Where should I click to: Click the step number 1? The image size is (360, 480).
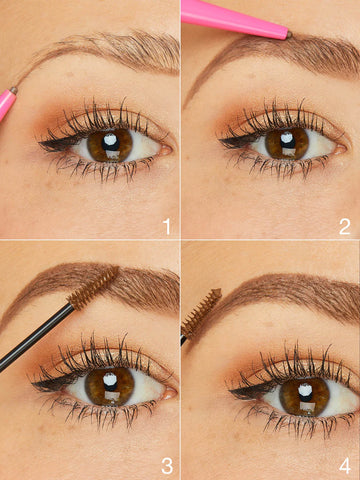pyautogui.click(x=167, y=226)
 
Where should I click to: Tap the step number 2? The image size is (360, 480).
pyautogui.click(x=345, y=226)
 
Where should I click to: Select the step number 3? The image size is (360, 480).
pyautogui.click(x=167, y=465)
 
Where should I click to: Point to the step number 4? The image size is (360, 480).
pyautogui.click(x=345, y=465)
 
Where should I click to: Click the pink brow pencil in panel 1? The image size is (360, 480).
pyautogui.click(x=7, y=104)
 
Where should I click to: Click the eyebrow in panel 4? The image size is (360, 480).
pyautogui.click(x=290, y=290)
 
